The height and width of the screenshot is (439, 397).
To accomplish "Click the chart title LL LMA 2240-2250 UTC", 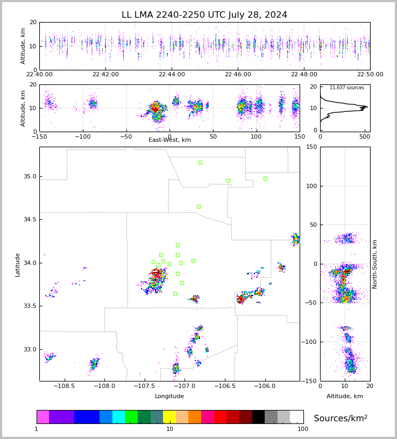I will click(x=204, y=15).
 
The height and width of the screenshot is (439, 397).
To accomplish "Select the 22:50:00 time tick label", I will click(x=370, y=75).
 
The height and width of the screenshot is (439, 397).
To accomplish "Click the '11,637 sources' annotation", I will click(x=346, y=88).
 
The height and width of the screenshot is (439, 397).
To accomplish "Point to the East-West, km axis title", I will click(x=169, y=140).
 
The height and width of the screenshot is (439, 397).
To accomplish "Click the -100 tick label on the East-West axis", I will click(x=82, y=135).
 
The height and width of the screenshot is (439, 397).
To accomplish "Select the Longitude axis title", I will click(x=169, y=397).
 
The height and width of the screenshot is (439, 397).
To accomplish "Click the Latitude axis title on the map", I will click(x=18, y=264).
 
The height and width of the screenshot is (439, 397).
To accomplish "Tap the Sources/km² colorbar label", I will click(x=341, y=419).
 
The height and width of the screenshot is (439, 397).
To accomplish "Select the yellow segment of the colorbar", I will click(x=169, y=417).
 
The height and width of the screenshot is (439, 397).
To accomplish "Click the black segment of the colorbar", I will click(x=258, y=417).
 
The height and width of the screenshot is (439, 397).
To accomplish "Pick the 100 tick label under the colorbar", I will click(x=303, y=429).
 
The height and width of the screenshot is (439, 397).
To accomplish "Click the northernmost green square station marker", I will click(x=200, y=162).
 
